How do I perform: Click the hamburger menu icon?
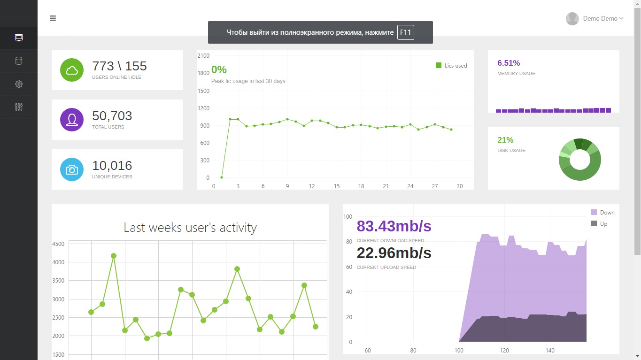click(x=53, y=18)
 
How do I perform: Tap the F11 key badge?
click(x=405, y=32)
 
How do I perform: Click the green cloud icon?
click(x=72, y=70)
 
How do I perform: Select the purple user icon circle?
click(x=72, y=120)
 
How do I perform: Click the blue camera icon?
click(x=72, y=169)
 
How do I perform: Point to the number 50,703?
click(x=112, y=116)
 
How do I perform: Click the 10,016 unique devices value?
click(x=112, y=166)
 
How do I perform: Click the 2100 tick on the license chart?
click(x=203, y=56)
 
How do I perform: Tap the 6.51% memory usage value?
click(x=509, y=63)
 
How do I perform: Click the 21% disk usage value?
click(x=505, y=140)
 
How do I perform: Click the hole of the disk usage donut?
click(x=580, y=160)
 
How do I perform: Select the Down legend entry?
click(x=603, y=213)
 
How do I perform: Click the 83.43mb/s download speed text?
click(x=394, y=226)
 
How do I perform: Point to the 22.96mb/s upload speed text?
click(x=394, y=253)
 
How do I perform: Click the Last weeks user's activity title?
click(x=190, y=228)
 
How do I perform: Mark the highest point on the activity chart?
click(x=114, y=256)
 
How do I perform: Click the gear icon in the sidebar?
click(x=19, y=84)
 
